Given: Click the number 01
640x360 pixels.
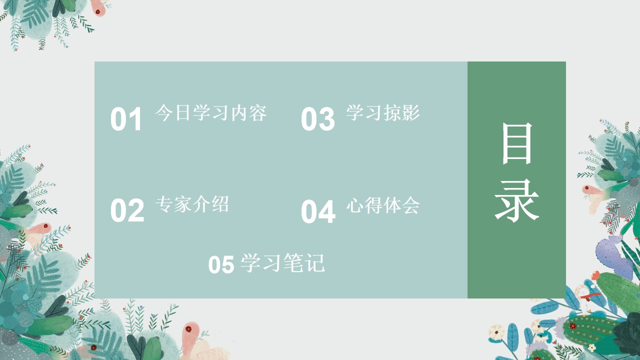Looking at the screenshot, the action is point(126,119).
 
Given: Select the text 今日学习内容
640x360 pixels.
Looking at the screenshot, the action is point(211,112).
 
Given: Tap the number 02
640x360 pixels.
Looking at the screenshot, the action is point(127,210).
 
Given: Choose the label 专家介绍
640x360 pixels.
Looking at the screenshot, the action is point(192,204).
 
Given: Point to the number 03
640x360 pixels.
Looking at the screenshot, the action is point(317,119).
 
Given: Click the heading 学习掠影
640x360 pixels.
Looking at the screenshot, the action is point(383,112).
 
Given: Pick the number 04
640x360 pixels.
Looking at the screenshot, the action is point(318,211).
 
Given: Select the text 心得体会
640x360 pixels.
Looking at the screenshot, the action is point(383,205).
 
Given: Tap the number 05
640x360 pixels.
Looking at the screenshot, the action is point(221,264).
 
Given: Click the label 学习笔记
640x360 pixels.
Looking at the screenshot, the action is point(282,263).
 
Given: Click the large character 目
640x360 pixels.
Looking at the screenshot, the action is point(517,143).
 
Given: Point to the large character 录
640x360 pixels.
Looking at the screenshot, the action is point(517,200).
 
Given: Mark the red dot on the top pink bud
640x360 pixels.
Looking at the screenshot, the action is point(97,11).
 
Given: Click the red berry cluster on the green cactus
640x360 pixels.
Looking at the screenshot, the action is point(572,326).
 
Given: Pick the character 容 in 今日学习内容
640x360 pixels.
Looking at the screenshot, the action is point(257,112).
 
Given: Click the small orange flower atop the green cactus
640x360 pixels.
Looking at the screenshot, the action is point(595,275).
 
